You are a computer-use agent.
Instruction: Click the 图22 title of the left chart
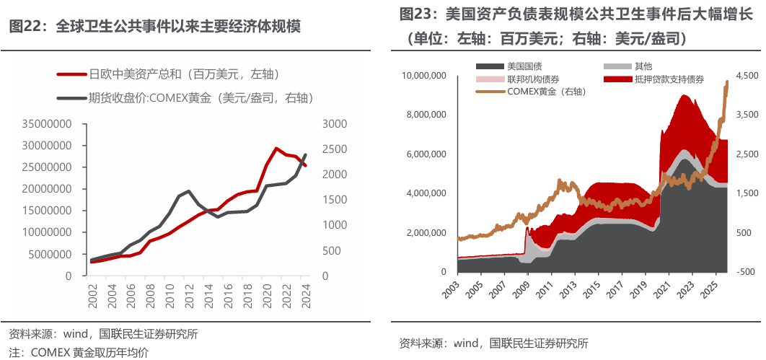154,27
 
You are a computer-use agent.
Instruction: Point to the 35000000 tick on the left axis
47,124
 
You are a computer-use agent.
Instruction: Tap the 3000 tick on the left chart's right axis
335,124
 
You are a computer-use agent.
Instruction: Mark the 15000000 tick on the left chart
47,211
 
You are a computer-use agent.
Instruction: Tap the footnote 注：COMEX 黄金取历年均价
79,352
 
